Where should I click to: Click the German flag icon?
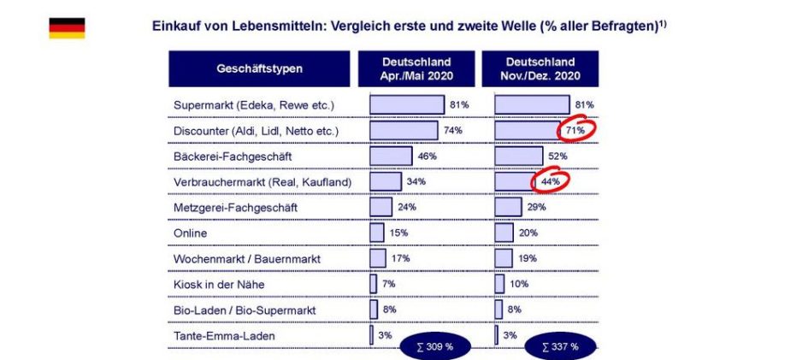point(66,27)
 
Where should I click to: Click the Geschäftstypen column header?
point(259,68)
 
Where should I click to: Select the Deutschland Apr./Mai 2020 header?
point(416,68)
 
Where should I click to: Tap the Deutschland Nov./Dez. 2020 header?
point(540,68)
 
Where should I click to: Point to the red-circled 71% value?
point(575,131)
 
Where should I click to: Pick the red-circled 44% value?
point(550,182)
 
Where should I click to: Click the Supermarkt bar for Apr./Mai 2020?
point(407,105)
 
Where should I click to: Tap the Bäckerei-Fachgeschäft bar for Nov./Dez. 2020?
point(518,156)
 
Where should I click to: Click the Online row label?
point(190,233)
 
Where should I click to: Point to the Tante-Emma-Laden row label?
point(224,335)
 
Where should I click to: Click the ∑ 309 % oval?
point(435,346)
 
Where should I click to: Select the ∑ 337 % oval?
point(560,346)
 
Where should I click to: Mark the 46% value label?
point(427,156)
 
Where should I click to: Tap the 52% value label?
point(557,156)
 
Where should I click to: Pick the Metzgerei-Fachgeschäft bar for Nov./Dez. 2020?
point(508,207)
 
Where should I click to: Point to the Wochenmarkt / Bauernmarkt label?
point(242,258)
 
